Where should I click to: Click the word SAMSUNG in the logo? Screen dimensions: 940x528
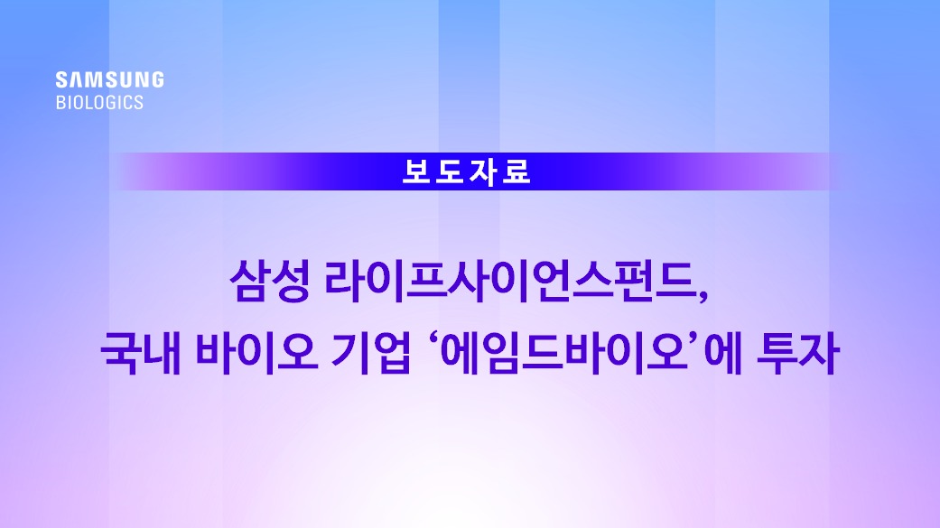[109, 79]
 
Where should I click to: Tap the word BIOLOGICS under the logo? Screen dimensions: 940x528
[99, 103]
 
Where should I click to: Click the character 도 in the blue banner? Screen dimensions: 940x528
[450, 171]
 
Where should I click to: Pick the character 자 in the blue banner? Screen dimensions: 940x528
[483, 171]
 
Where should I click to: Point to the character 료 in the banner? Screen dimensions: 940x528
[517, 171]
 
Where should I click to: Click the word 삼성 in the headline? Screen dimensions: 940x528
[270, 280]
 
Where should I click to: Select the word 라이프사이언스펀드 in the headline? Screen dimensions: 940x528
[508, 280]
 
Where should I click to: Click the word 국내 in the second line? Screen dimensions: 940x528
[141, 352]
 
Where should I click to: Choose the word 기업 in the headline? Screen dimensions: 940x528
[371, 352]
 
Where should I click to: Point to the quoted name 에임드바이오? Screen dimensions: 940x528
[564, 352]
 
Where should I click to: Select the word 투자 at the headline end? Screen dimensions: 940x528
[798, 352]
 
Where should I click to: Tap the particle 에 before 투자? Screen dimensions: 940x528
[723, 352]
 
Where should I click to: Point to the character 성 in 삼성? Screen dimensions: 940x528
[291, 280]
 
